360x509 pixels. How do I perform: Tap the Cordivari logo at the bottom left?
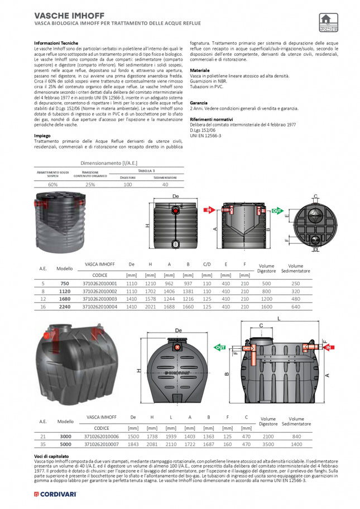pos(55,494)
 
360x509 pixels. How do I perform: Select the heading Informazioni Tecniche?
pos(56,43)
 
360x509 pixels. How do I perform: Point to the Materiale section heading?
pos(200,70)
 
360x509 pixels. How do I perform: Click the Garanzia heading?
pos(199,103)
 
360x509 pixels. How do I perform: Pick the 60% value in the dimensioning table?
pos(53,184)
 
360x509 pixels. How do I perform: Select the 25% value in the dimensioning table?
pos(90,184)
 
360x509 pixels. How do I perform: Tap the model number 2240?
pos(65,306)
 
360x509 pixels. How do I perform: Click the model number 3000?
pos(65,435)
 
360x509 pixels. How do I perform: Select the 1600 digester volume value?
pos(267,306)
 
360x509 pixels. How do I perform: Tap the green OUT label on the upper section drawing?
pos(277,212)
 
